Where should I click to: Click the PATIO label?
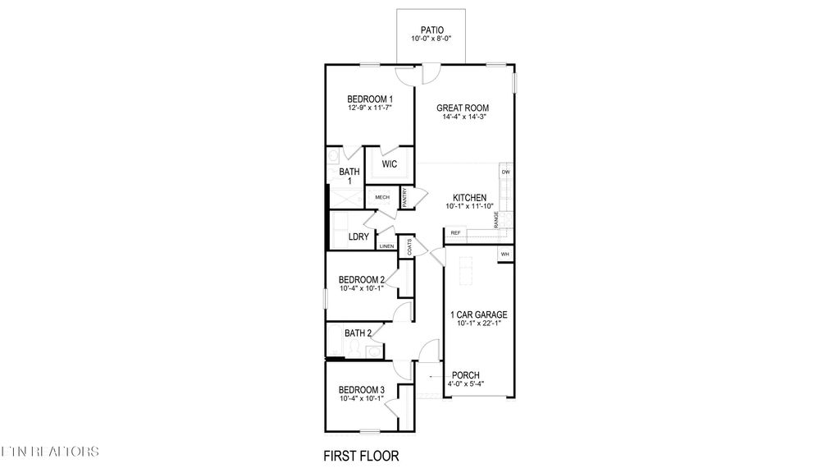(431, 30)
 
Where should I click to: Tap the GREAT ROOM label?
(462, 108)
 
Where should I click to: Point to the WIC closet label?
(389, 164)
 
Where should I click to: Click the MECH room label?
(382, 197)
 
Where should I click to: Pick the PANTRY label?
(404, 197)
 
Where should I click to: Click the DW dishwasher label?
(506, 172)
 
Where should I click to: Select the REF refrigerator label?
(455, 233)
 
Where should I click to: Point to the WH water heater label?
(505, 255)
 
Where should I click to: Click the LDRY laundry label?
(358, 236)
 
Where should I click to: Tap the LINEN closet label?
(386, 246)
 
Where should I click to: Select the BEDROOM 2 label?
(362, 279)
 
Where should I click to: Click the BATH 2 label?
(358, 333)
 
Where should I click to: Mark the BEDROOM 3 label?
(362, 389)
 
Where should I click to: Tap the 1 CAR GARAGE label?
(479, 315)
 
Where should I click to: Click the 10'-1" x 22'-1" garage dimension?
(479, 324)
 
